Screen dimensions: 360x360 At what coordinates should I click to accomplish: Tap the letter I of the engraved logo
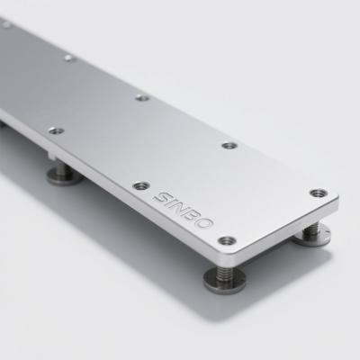pyautogui.click(x=175, y=203)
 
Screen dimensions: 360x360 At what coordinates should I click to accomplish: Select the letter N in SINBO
pyautogui.click(x=183, y=208)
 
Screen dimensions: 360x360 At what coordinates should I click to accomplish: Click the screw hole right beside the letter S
pyautogui.click(x=141, y=186)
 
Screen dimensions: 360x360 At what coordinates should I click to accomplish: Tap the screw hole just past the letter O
pyautogui.click(x=227, y=240)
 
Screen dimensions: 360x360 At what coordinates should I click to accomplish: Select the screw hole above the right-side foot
pyautogui.click(x=319, y=193)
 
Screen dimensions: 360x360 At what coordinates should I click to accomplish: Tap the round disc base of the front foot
pyautogui.click(x=224, y=282)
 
